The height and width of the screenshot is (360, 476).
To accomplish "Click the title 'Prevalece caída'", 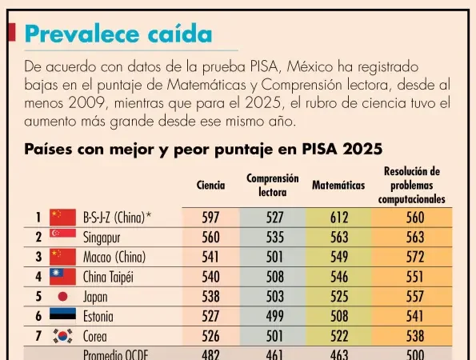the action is click(118, 34).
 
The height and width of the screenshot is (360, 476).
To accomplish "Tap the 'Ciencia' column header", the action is click(210, 185).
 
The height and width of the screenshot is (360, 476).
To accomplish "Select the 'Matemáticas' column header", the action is click(338, 185).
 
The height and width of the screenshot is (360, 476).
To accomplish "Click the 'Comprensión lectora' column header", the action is click(273, 185).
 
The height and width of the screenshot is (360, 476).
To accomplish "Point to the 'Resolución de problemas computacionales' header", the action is click(412, 185).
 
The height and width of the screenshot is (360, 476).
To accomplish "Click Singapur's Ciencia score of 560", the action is click(210, 238).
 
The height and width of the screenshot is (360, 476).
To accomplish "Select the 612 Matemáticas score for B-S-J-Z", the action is click(339, 218).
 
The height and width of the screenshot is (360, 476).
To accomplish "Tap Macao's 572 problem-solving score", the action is click(415, 257).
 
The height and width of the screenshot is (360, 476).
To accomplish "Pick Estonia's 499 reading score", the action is click(274, 316).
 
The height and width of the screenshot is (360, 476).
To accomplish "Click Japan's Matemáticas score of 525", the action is click(339, 297).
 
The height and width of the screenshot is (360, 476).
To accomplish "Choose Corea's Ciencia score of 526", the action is click(210, 336).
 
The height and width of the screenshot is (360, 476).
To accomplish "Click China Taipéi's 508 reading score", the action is click(274, 277).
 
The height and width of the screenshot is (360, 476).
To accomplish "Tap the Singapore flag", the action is click(63, 233).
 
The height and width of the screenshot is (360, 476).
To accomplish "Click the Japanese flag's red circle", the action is click(63, 297).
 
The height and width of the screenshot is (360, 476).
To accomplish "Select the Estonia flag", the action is click(63, 314).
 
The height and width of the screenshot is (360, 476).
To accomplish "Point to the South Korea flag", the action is click(63, 336).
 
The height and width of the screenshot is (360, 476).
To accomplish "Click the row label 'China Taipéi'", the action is click(108, 278).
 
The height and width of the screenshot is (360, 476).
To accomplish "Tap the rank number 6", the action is click(38, 316).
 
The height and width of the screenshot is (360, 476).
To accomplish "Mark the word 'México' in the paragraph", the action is click(310, 66).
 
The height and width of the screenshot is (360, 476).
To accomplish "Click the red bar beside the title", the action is click(11, 32).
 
